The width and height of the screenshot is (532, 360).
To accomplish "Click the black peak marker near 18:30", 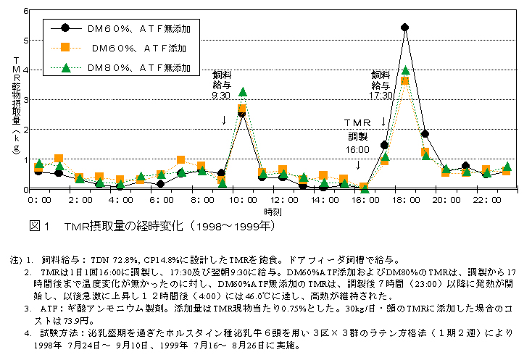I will [x=404, y=28].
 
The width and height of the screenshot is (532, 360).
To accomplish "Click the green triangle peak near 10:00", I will [x=242, y=92].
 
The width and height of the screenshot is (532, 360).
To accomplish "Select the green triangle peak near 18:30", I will [x=406, y=70].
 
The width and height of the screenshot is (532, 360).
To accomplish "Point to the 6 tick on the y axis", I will [x=26, y=12].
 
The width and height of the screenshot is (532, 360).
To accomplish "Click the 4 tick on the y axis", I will [x=26, y=70].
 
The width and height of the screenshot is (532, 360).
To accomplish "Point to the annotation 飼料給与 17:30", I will [x=383, y=84].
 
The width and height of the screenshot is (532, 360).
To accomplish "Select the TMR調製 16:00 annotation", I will [x=357, y=134].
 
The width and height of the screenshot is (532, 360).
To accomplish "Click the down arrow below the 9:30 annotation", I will [x=224, y=119].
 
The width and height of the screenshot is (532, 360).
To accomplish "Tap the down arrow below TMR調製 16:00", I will [x=358, y=164].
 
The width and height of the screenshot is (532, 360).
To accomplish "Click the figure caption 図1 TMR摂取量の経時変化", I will [x=151, y=226].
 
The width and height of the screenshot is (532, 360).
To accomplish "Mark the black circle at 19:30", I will [x=425, y=134].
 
